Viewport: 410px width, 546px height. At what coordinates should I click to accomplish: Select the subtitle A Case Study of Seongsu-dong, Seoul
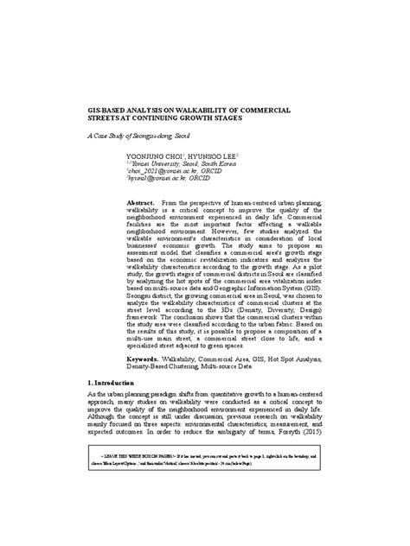(x=138, y=136)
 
